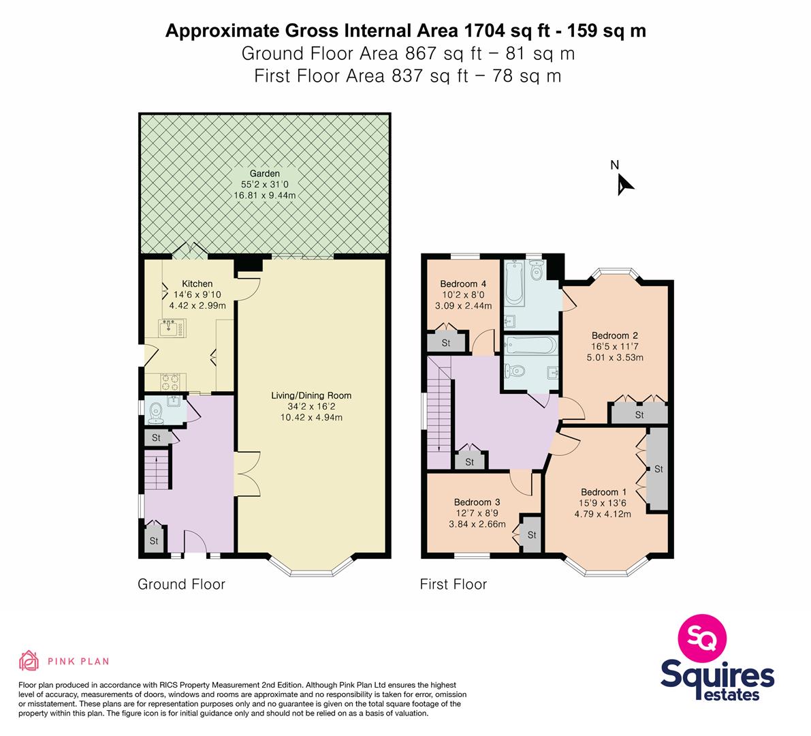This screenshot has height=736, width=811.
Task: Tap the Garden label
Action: coord(265,174)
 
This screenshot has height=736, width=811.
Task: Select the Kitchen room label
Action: coord(197,283)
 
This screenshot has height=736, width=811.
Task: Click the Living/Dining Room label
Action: coord(311,395)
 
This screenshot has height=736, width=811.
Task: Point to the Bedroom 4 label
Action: coord(463,283)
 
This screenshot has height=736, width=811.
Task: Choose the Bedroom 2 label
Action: coord(615,335)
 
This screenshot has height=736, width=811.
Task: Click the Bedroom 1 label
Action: coord(603,492)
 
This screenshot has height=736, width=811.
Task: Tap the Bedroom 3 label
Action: coord(477,502)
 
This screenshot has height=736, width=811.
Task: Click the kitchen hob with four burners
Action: coord(171,382)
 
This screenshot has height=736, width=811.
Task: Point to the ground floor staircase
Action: coord(157,470)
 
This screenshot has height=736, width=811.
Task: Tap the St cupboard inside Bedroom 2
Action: coord(640,414)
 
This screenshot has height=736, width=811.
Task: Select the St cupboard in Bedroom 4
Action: coord(446,343)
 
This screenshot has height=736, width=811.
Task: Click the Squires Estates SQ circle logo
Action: coord(702,638)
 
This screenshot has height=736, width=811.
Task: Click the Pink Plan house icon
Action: coord(29,660)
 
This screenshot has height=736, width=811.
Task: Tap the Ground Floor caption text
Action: coord(182,584)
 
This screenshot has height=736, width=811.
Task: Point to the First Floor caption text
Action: coord(454,584)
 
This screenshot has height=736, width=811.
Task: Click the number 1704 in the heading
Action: coord(485,31)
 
